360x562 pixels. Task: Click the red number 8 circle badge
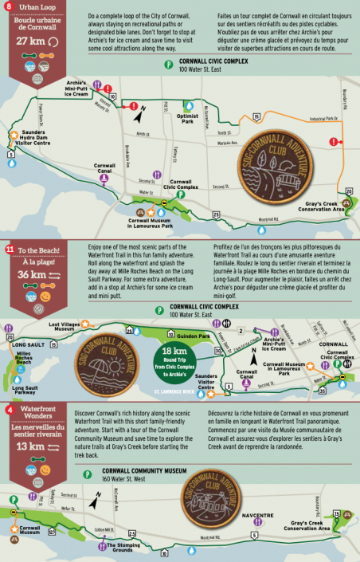(9, 7)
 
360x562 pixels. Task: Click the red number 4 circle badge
(9, 410)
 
